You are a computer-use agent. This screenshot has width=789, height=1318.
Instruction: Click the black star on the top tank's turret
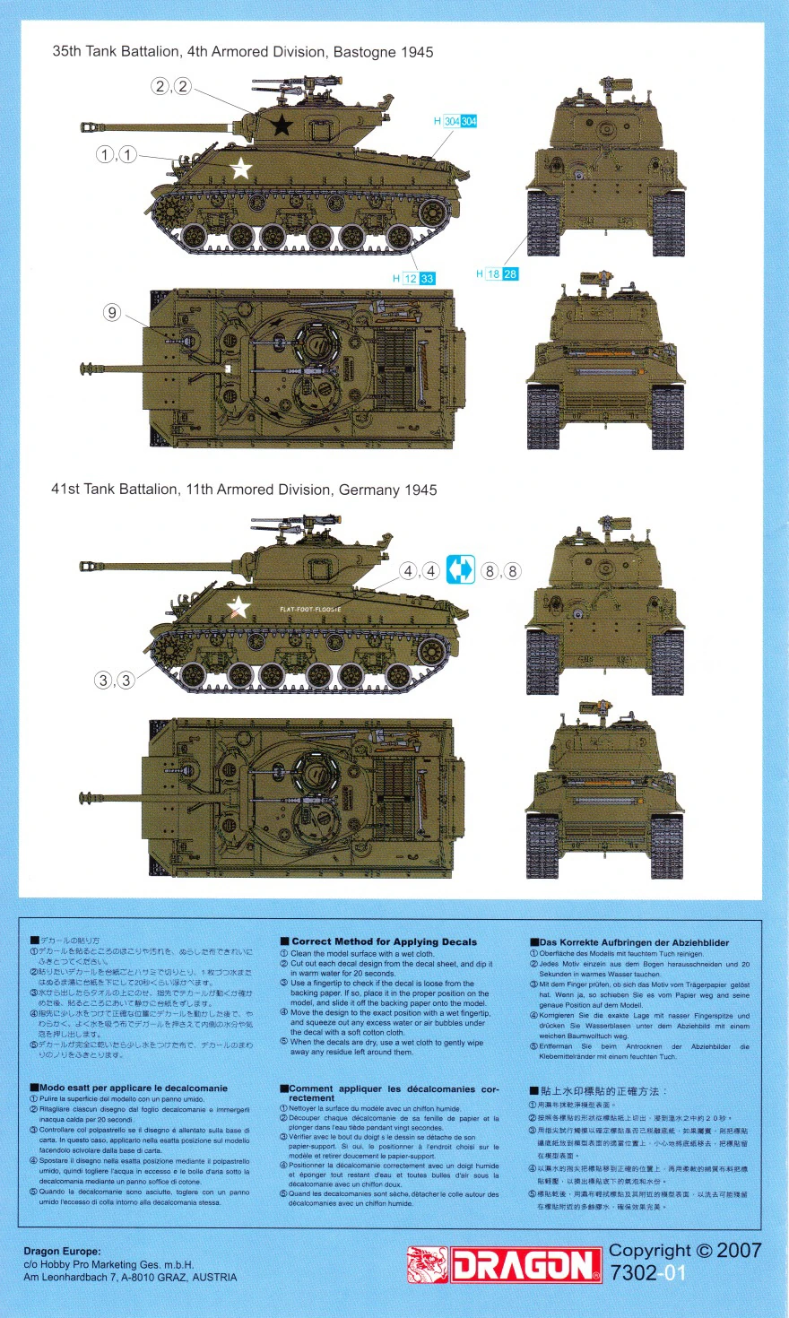(282, 125)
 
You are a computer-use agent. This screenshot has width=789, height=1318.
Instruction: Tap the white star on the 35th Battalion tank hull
(240, 168)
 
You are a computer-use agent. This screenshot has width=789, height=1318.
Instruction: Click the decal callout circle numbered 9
(112, 312)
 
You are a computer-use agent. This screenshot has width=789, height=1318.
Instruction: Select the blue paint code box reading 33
(427, 279)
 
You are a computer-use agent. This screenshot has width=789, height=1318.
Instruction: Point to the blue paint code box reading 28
(510, 273)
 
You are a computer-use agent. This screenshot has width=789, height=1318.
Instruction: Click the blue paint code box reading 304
(468, 121)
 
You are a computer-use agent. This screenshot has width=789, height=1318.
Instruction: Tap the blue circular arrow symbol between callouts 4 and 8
(460, 570)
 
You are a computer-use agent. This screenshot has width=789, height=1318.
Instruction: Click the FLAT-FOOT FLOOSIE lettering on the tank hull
(310, 610)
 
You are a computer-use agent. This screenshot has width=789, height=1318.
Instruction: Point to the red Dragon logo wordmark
(525, 1265)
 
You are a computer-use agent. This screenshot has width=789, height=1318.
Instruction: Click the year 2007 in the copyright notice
(739, 1250)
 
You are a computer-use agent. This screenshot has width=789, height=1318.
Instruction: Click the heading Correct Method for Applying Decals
(384, 941)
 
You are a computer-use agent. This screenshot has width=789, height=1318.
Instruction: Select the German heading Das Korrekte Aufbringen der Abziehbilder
(634, 942)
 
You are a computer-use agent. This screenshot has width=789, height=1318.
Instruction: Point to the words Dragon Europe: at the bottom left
(62, 1251)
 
